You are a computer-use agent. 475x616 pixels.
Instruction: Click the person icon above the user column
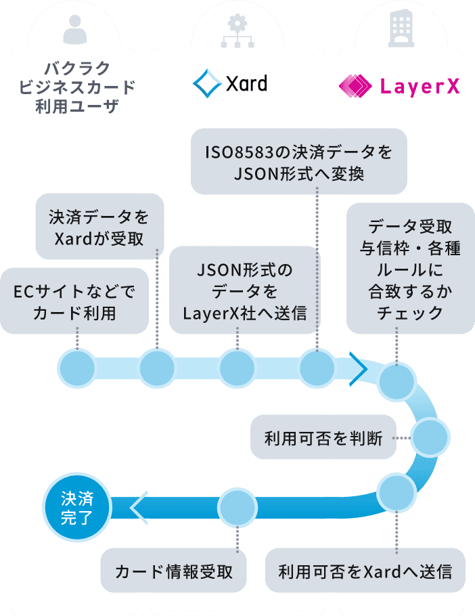click(x=75, y=28)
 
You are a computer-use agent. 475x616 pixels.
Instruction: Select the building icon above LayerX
click(x=401, y=28)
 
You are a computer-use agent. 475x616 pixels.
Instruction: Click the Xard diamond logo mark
click(x=206, y=84)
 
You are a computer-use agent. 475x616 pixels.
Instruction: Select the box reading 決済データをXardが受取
click(x=99, y=226)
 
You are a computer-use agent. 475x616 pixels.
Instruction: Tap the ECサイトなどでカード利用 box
click(x=74, y=302)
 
